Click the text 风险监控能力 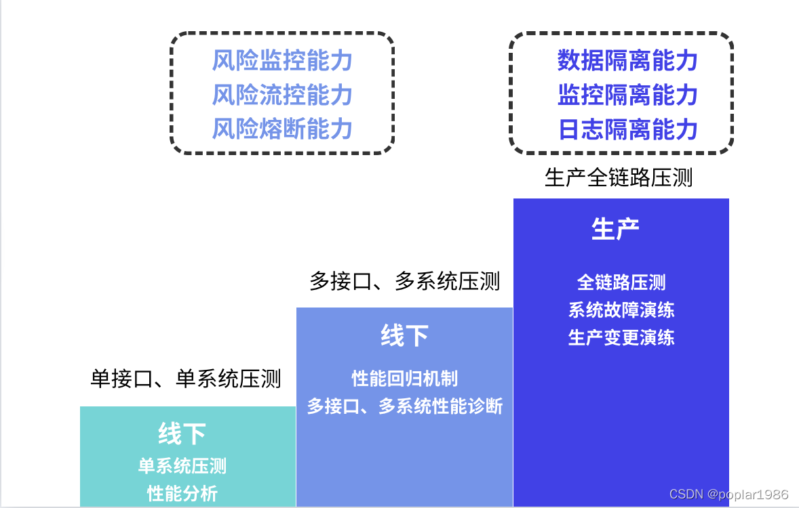click(282, 61)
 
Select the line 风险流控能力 click(282, 95)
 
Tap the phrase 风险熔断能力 click(282, 128)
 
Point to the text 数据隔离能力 click(627, 61)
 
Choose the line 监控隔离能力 click(627, 95)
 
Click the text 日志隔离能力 click(627, 129)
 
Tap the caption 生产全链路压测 click(618, 177)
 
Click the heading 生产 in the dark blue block click(615, 229)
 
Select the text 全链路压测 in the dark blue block click(621, 282)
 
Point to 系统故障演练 click(621, 310)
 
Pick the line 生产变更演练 click(621, 337)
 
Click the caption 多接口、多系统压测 click(404, 280)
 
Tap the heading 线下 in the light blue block click(404, 335)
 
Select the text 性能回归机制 click(404, 378)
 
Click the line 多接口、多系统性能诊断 click(404, 406)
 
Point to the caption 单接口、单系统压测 click(185, 378)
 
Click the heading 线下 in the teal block click(182, 433)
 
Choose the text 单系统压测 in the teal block click(182, 466)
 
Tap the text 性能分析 click(182, 493)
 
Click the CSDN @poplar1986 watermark click(728, 495)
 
